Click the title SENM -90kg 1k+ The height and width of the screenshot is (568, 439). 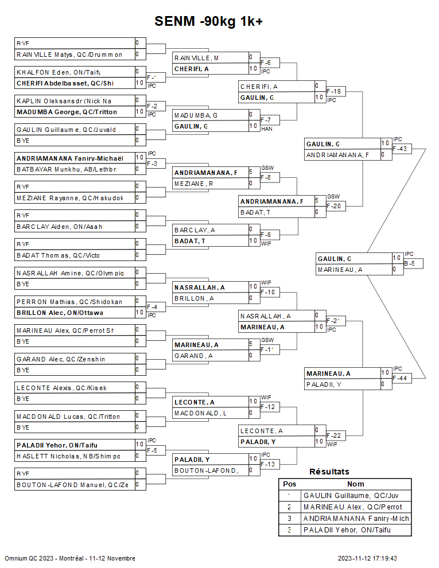coord(209,22)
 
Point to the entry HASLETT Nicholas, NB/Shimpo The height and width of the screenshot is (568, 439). coord(68,456)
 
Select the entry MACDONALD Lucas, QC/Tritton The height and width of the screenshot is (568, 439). coord(68,416)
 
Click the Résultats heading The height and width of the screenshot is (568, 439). coord(329,472)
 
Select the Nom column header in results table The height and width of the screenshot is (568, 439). coord(356,484)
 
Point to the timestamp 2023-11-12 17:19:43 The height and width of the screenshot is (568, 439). coord(367,558)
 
